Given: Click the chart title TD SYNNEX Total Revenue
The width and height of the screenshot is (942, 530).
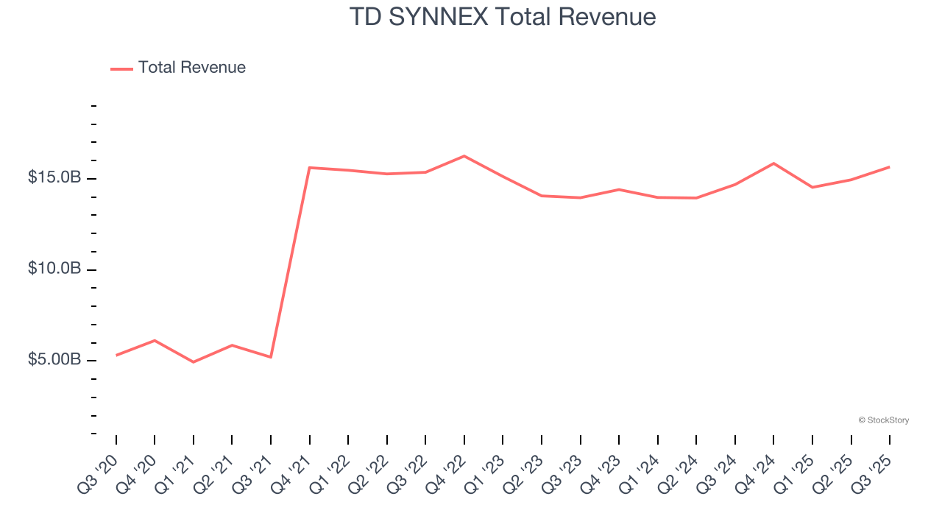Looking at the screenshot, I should (x=503, y=16).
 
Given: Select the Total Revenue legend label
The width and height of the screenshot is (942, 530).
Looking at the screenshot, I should (x=191, y=68).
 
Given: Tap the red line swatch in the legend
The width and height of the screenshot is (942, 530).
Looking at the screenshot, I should (x=121, y=68).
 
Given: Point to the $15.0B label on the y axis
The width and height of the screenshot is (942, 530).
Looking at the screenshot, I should (x=54, y=178).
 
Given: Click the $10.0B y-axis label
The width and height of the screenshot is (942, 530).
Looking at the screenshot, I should (x=54, y=269).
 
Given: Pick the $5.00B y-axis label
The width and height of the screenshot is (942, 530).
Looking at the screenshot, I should (x=54, y=360).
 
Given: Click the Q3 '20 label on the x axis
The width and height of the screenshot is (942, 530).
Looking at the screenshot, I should (x=97, y=473).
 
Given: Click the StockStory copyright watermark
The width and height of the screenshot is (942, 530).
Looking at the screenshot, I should (x=883, y=420).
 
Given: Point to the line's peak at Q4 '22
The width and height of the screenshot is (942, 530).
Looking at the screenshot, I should (x=464, y=156).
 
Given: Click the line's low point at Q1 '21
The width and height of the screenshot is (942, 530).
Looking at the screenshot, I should (x=194, y=362).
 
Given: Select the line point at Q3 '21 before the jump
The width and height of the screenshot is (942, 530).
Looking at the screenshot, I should (x=271, y=357).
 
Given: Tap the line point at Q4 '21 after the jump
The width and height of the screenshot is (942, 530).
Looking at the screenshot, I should (x=310, y=168).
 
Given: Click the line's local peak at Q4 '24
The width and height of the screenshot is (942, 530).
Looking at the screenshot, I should (x=773, y=163).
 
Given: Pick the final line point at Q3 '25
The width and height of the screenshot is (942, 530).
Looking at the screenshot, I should (x=889, y=167).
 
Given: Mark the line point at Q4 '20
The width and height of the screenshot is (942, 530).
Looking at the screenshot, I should (x=155, y=340).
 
